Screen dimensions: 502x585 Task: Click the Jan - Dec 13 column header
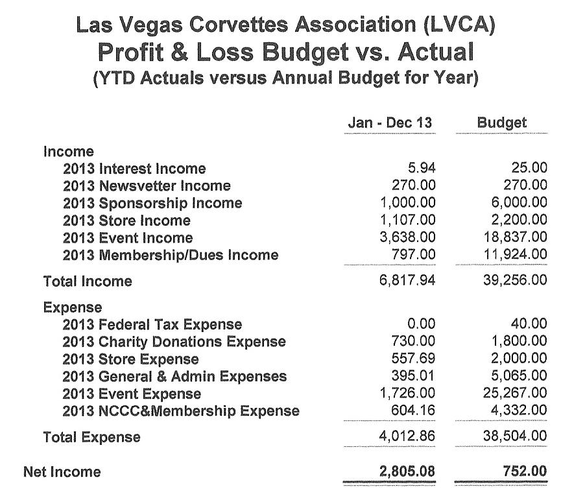pos(390,123)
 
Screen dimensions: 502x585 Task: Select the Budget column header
pos(501,123)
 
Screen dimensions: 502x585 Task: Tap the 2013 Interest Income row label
pos(134,169)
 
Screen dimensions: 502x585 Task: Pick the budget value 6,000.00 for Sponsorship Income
pos(516,203)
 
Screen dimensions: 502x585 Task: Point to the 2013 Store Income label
pos(126,221)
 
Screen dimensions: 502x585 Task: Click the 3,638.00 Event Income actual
pos(408,238)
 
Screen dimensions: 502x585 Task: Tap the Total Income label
pos(88,281)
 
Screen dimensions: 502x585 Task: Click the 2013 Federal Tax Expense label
pos(152,324)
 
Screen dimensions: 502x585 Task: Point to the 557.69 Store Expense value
pos(414,359)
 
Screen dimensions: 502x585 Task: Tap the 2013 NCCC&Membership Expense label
pos(181,411)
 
